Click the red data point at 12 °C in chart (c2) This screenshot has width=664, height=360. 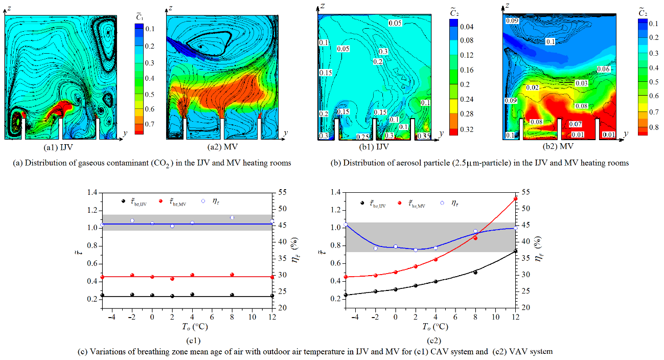pos(515,199)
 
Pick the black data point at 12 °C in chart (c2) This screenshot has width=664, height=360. pos(515,251)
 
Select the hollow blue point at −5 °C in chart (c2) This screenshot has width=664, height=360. pos(346,224)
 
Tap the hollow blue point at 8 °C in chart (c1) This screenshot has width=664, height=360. pos(232,217)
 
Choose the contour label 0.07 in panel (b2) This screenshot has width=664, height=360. pos(575,124)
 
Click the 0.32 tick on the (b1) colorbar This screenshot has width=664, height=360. pos(466,130)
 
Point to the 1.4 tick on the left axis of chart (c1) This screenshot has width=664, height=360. pos(91,192)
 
